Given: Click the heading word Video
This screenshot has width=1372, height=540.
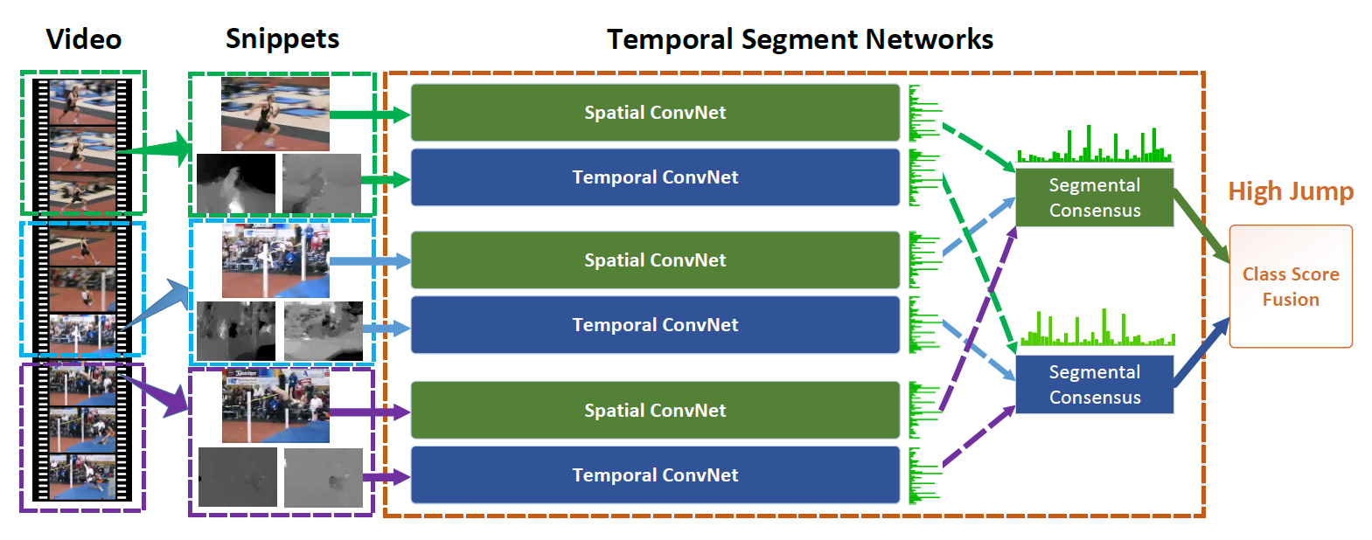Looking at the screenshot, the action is click(84, 39).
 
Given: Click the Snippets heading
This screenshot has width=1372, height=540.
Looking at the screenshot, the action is click(282, 39).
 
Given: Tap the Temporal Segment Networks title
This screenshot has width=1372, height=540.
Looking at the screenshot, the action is click(800, 40).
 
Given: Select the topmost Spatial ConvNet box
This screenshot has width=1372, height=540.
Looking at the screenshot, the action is click(655, 113).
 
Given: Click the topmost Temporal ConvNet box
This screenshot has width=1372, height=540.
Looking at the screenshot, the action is click(655, 177).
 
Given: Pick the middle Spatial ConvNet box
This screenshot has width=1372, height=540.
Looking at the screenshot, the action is click(655, 260).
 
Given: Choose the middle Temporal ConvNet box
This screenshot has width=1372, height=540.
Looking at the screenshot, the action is click(655, 325).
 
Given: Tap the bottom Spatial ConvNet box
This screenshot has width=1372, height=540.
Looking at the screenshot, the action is click(655, 410).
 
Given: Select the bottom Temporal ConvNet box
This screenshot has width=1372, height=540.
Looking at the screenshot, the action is click(655, 475).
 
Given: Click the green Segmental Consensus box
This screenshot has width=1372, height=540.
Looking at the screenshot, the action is click(1095, 197).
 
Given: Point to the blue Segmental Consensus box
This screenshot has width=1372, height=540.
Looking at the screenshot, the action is click(1095, 384).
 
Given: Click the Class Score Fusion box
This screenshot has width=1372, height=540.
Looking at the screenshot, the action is click(1291, 287).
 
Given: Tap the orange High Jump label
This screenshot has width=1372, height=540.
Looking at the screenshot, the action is click(1291, 192).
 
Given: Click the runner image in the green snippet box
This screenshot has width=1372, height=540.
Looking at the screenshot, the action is click(275, 114).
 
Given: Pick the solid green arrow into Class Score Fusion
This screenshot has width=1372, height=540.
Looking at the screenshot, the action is click(1201, 226).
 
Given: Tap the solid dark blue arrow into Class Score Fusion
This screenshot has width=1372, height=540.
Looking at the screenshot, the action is click(1201, 352).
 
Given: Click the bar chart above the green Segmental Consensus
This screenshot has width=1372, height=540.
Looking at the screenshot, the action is click(1095, 144).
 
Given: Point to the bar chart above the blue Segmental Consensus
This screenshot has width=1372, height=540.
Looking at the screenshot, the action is click(1097, 328).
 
